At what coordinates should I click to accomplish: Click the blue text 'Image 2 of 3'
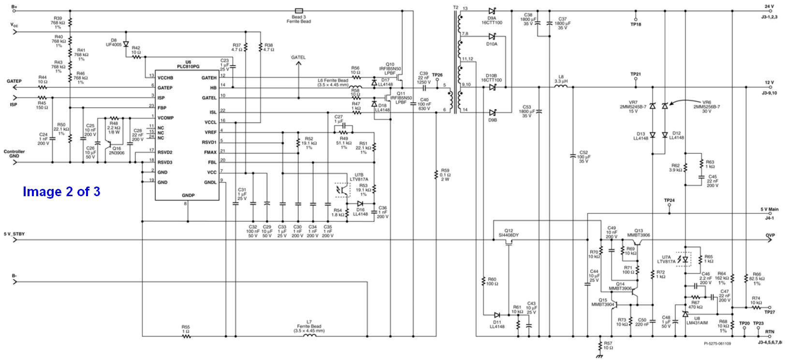[x=61, y=192]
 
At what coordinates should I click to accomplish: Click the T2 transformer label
[x=455, y=7]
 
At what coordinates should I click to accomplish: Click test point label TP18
[x=636, y=24]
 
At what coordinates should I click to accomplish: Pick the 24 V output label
[x=769, y=6]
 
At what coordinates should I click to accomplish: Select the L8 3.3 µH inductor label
[x=561, y=79]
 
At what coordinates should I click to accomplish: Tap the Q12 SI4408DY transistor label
[x=509, y=233]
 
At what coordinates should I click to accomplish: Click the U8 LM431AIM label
[x=697, y=320]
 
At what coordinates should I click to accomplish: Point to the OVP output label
[x=770, y=236]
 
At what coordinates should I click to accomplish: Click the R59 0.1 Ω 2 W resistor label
[x=445, y=174]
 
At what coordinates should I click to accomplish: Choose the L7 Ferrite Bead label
[x=309, y=324]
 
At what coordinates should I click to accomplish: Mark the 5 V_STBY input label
[x=15, y=234]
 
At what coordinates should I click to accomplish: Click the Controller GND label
[x=15, y=154]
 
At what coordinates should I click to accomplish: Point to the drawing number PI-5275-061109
[x=717, y=344]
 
